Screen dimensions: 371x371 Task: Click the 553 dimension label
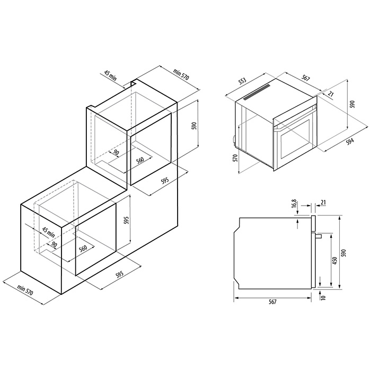[x=243, y=81]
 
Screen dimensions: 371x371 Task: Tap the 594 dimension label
[x=350, y=142]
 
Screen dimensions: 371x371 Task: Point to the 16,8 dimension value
[x=294, y=204]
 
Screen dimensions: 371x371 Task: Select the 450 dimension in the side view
[x=334, y=260]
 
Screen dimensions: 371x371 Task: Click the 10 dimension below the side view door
[x=323, y=297]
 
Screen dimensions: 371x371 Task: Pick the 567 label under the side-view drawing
[x=272, y=302]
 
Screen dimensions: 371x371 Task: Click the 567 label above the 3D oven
[x=306, y=78]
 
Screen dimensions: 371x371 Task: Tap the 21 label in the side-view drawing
[x=323, y=202]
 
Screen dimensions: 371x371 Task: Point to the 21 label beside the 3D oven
[x=331, y=94]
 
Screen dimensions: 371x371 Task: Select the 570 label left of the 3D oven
[x=235, y=158]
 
